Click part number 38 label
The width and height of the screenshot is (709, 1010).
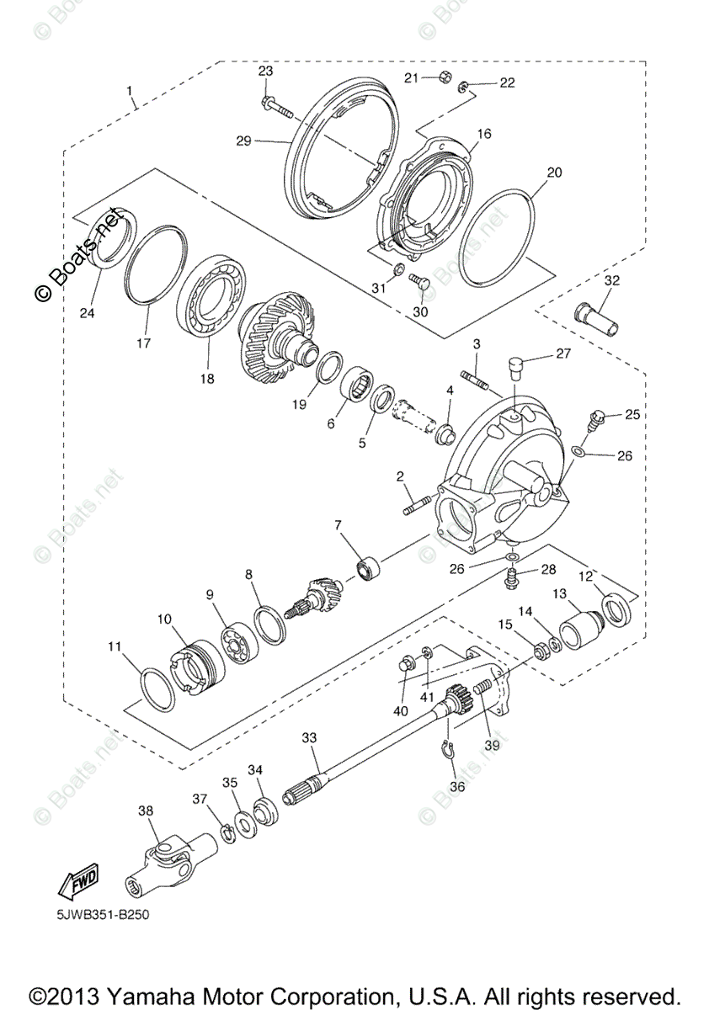pos(147,810)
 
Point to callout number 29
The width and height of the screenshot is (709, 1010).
pos(243,141)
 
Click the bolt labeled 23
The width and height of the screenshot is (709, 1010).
pos(277,107)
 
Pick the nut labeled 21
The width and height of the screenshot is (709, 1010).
pos(441,78)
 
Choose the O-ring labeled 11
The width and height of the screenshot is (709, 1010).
pos(157,690)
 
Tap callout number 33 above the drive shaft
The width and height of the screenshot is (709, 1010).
pos(310,737)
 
